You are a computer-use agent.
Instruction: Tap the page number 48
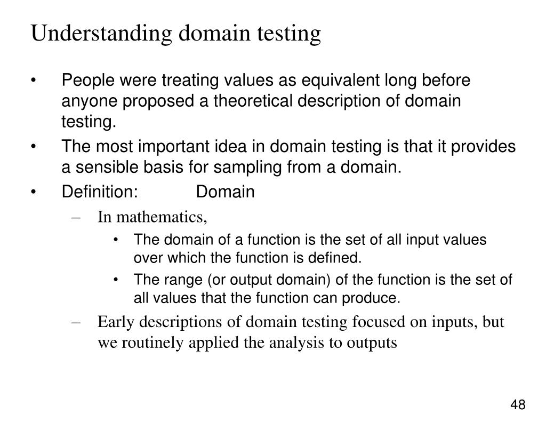[x=518, y=405]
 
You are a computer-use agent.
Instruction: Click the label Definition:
[x=100, y=191]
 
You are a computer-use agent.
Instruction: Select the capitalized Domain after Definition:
[x=225, y=191]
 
